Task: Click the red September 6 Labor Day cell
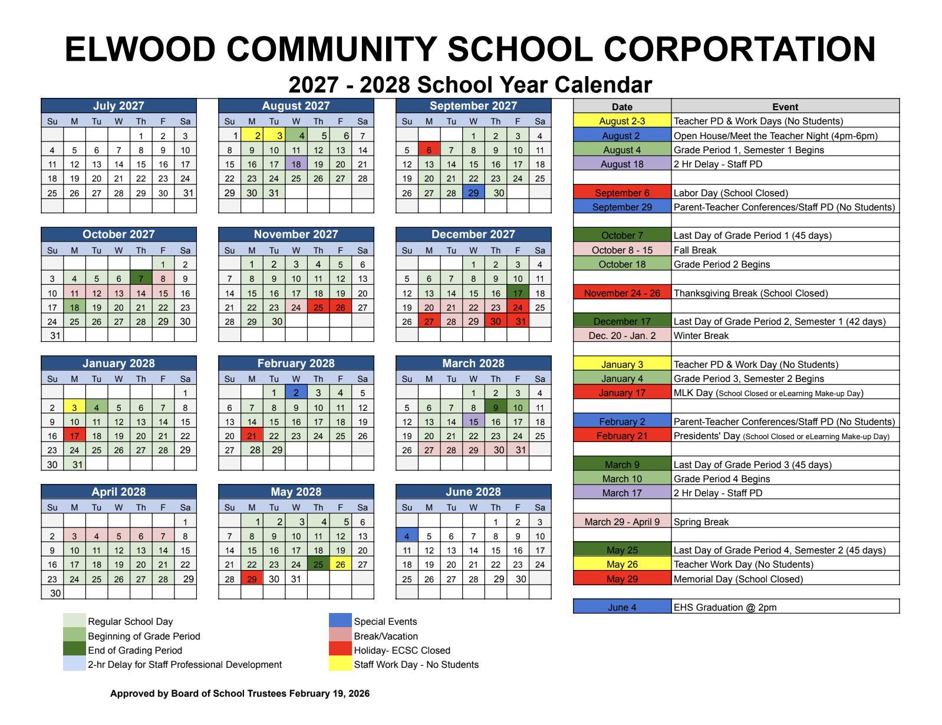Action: click(x=429, y=150)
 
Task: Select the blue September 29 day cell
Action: click(x=473, y=193)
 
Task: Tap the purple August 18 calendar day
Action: click(x=296, y=164)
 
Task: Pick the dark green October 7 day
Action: click(x=141, y=279)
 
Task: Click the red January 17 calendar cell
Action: click(x=74, y=436)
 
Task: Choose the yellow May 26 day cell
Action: click(x=340, y=565)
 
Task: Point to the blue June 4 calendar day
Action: click(x=407, y=536)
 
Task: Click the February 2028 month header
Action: click(x=296, y=363)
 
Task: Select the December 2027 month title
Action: click(x=473, y=235)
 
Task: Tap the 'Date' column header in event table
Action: click(x=622, y=107)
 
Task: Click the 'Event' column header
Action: click(x=785, y=107)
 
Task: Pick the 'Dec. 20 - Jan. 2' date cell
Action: click(x=622, y=336)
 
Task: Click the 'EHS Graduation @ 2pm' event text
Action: click(x=725, y=607)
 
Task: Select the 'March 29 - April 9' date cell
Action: click(x=622, y=522)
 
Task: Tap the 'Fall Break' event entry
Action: click(x=695, y=250)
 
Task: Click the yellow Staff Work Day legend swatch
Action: click(x=340, y=664)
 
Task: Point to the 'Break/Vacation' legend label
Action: click(x=386, y=636)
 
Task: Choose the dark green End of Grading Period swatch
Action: click(x=74, y=650)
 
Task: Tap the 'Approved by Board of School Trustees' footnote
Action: click(x=240, y=693)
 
